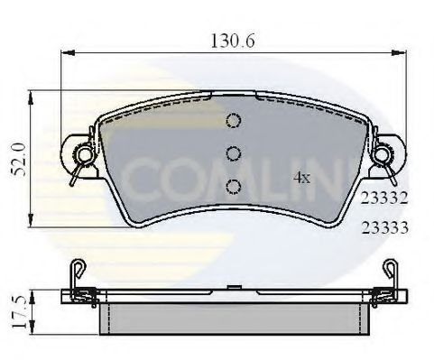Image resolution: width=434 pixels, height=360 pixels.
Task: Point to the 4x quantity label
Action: pos(301,178)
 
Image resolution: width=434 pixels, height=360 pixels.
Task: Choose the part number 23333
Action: pos(385,229)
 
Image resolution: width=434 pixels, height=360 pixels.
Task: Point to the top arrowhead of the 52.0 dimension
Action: pos(33,94)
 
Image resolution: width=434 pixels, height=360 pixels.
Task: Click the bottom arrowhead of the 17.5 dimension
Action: pos(33,332)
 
